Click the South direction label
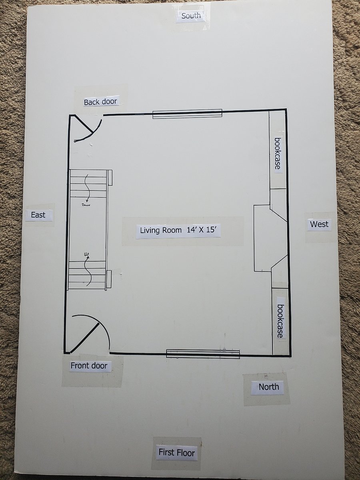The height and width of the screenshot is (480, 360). [x=191, y=16]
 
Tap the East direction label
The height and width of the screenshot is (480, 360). [x=38, y=215]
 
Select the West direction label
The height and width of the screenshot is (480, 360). [x=319, y=224]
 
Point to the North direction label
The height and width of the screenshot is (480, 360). [x=269, y=387]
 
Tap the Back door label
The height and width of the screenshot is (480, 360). [x=100, y=102]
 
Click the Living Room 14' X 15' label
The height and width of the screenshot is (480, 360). [x=178, y=230]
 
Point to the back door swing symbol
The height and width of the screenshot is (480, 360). [x=93, y=132]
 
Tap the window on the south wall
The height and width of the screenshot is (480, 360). [x=187, y=114]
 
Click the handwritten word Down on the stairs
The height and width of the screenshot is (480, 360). [x=86, y=205]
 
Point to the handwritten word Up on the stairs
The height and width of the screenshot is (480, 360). [x=86, y=254]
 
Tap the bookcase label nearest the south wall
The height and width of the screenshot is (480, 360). [x=278, y=153]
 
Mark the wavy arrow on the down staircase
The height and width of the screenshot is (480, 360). [x=87, y=188]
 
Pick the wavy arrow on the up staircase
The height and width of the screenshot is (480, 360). [x=88, y=271]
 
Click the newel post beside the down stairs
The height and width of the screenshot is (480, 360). [x=110, y=178]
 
